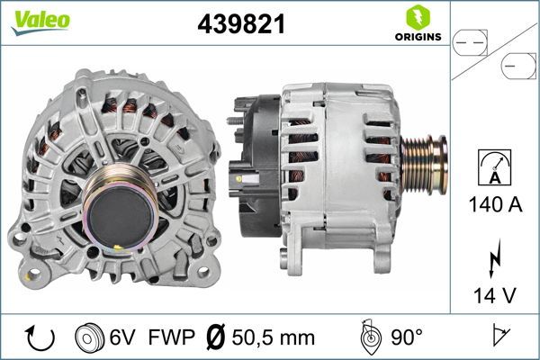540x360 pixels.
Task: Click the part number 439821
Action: click(x=241, y=25)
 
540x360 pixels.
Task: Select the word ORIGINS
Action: click(x=418, y=37)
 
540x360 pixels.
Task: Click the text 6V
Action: click(x=122, y=337)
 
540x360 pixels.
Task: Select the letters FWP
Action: click(x=167, y=337)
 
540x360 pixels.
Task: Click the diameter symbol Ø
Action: click(x=216, y=337)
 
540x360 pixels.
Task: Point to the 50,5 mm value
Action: click(x=274, y=337)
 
